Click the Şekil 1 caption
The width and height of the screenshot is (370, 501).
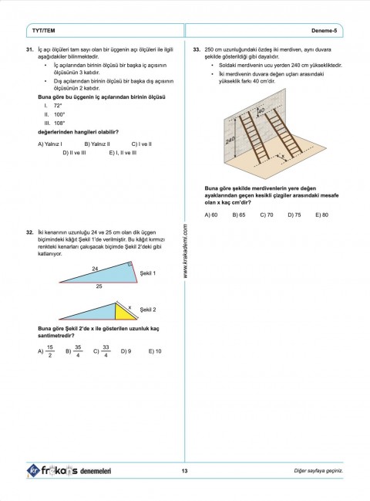point(148,273)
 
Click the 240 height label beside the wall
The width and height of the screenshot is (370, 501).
point(230,142)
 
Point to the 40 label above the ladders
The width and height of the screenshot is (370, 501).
point(261,110)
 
